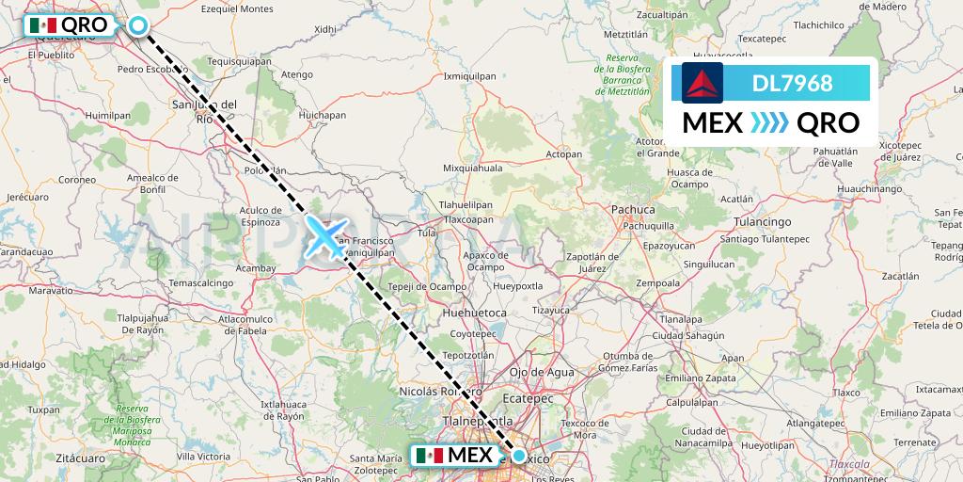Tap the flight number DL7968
792,83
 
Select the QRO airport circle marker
139,25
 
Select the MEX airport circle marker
518,456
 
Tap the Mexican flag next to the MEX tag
429,456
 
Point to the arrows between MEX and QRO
769,122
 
